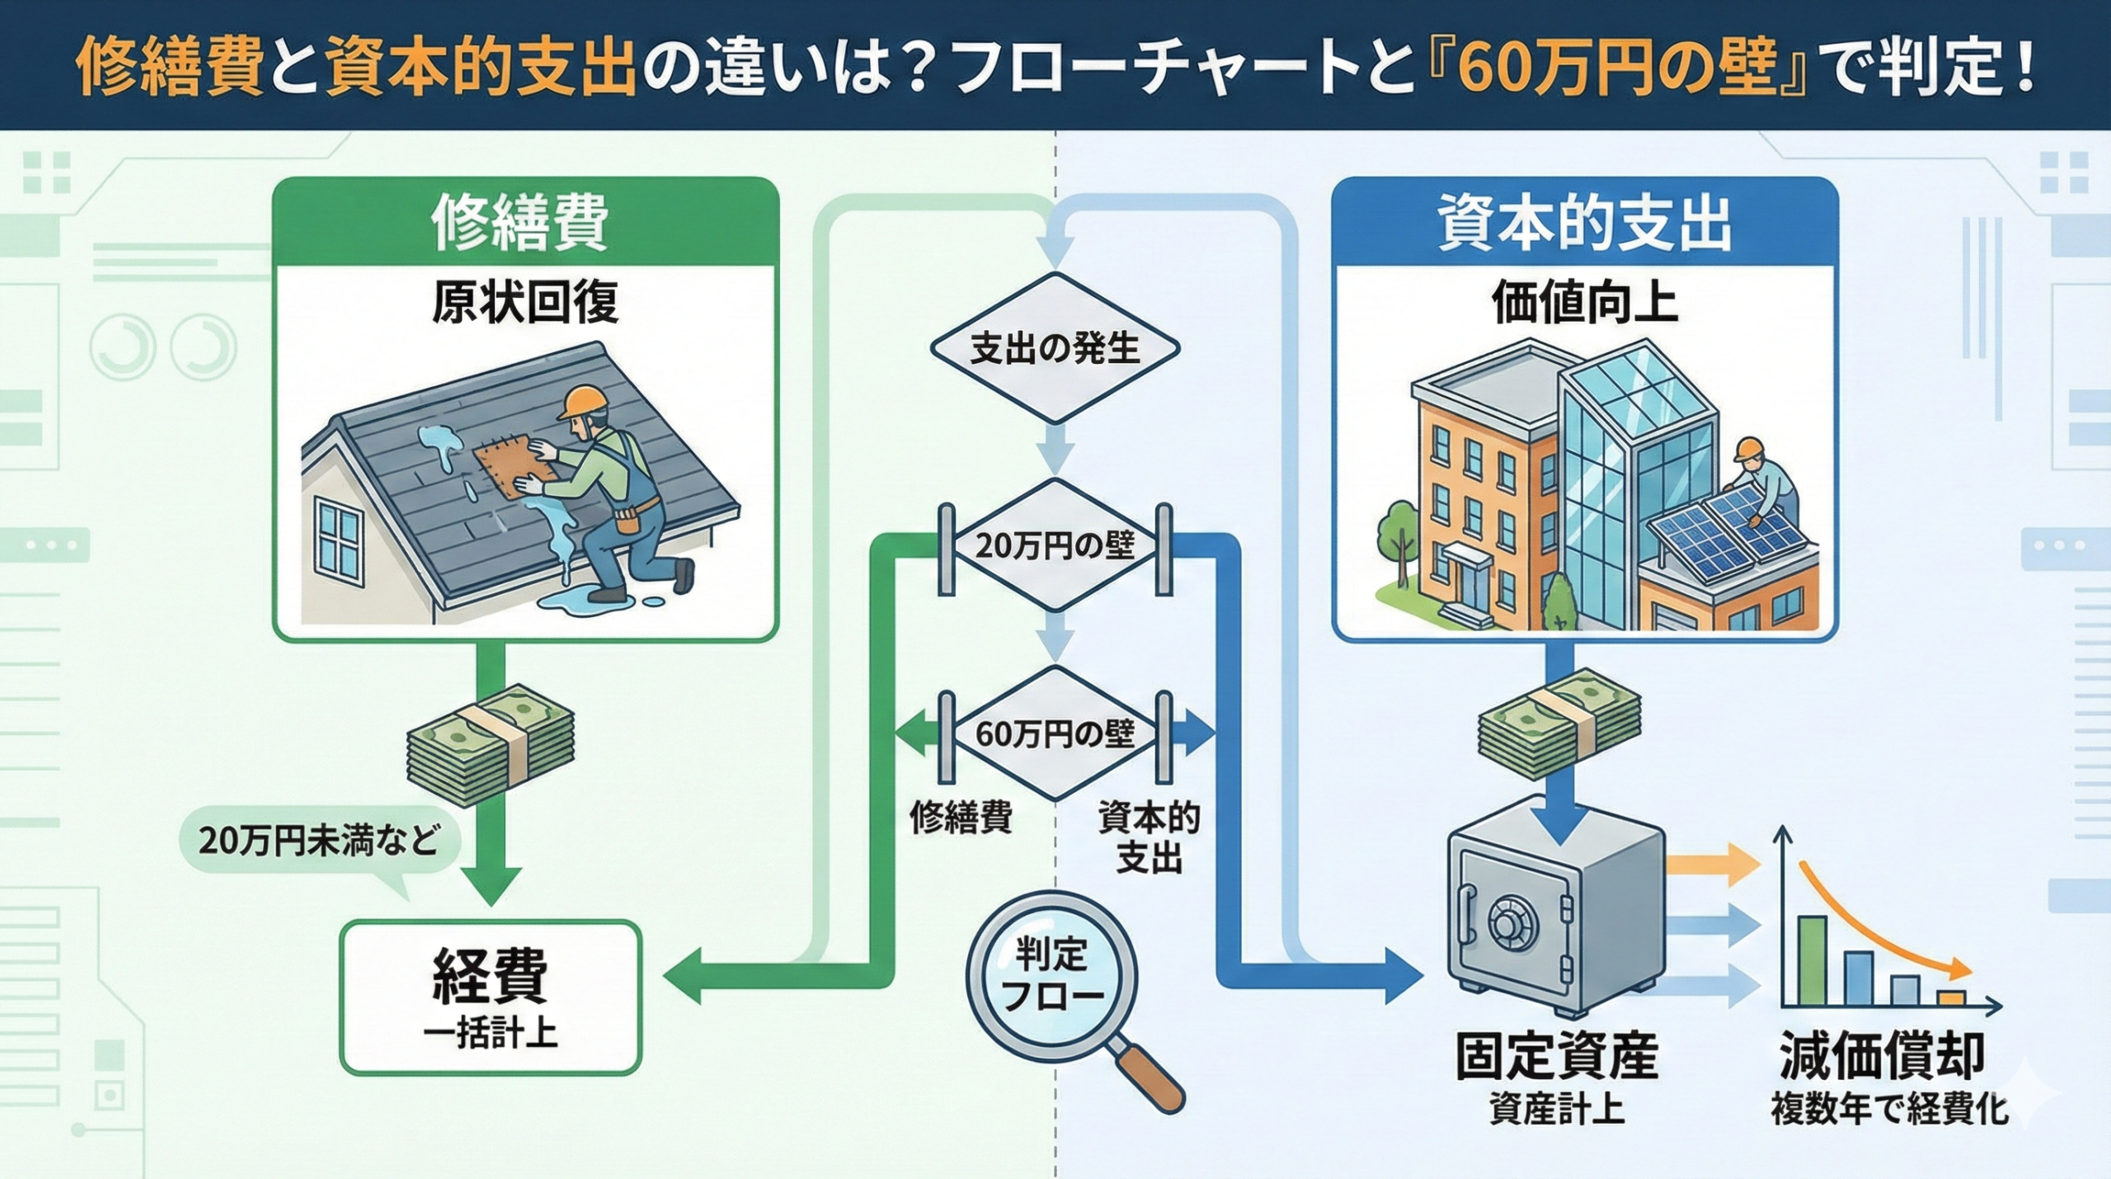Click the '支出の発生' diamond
(x=1055, y=349)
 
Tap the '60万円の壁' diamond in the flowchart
(x=1055, y=733)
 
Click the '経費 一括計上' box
(x=491, y=997)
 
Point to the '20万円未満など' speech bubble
(x=317, y=841)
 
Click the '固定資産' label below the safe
(x=1556, y=1057)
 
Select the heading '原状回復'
(x=525, y=304)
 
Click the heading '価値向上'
(x=1585, y=304)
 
